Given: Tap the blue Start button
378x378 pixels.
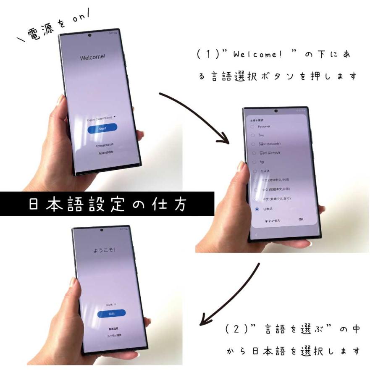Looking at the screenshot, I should coord(102,129).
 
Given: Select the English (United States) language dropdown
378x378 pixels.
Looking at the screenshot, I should coord(102,120).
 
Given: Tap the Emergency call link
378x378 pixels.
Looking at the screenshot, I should coord(105,145).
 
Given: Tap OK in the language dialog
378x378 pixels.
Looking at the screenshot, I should coord(301,219).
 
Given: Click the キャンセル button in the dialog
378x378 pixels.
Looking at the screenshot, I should coord(272,220).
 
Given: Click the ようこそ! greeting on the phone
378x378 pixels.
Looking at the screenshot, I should coord(104,250).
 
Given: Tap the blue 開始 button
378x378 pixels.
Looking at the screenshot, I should coord(111,313).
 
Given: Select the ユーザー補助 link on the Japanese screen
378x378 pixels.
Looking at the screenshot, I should coord(113,336).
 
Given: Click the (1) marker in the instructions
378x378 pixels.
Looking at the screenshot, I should coord(205,55).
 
